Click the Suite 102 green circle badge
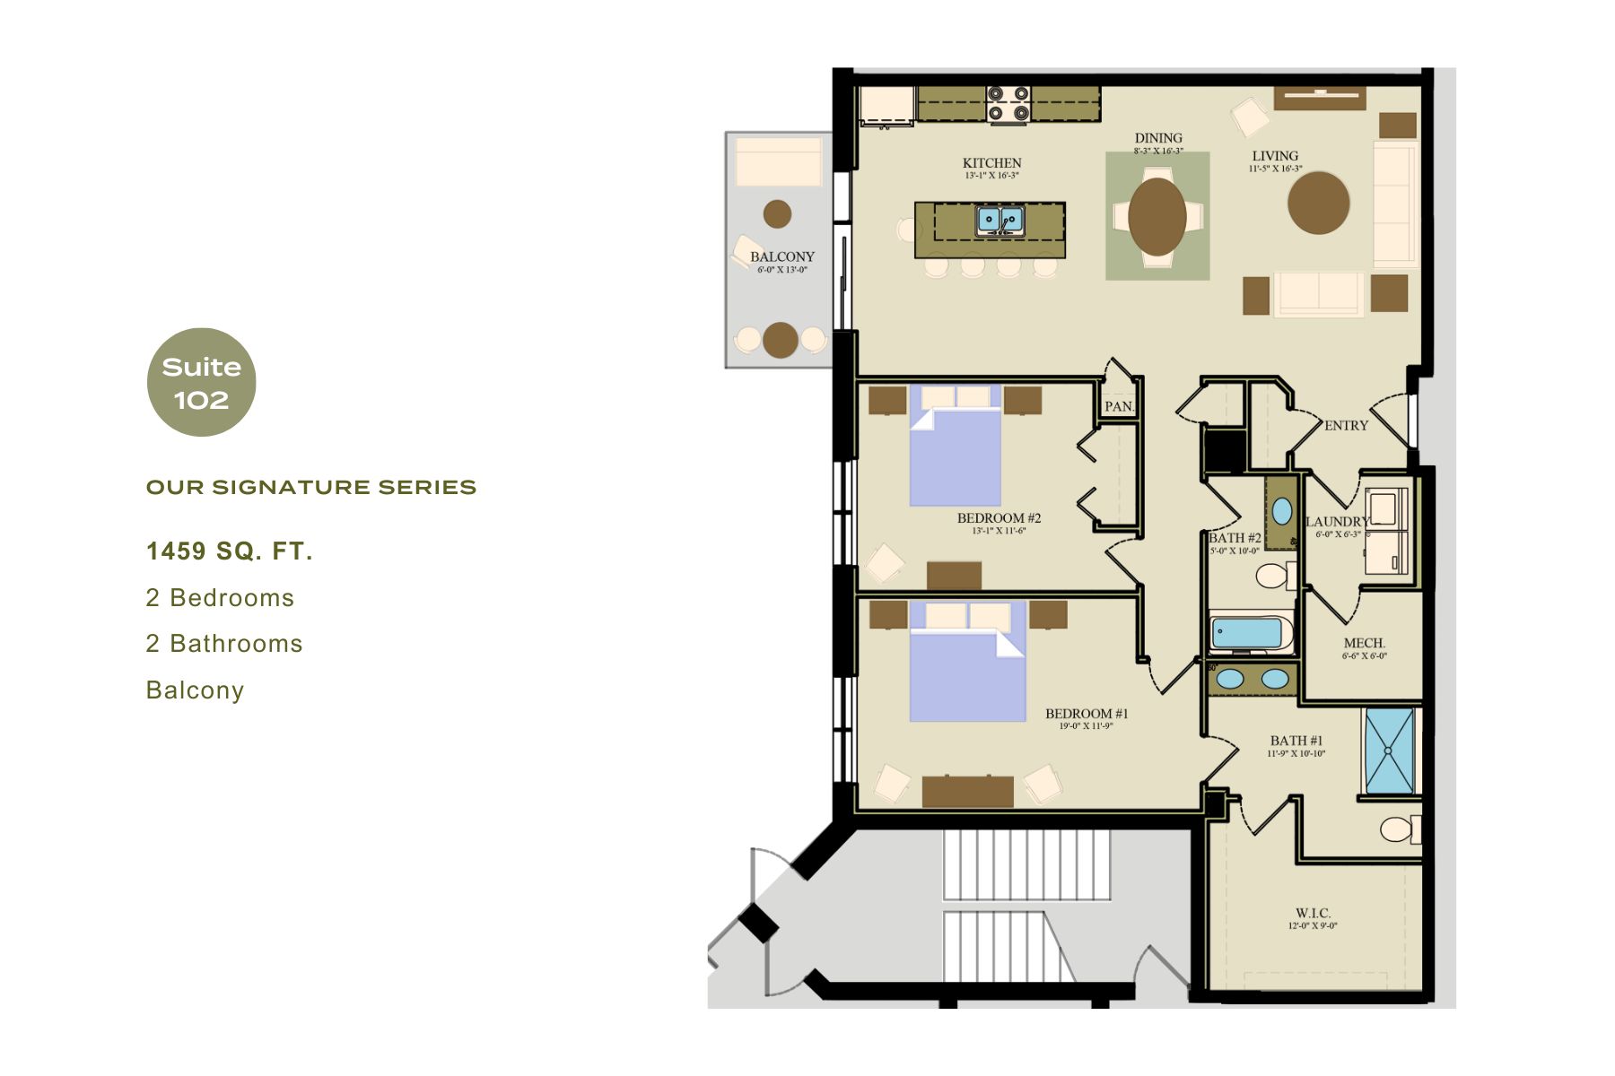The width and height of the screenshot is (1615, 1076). coord(201,383)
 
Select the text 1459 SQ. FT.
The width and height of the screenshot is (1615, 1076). coord(229,551)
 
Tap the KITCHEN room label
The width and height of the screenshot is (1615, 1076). coord(991,163)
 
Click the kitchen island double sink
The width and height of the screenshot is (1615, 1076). coord(1000,219)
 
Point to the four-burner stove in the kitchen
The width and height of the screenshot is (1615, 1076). coord(1008,105)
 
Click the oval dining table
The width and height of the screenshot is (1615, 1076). coord(1157,216)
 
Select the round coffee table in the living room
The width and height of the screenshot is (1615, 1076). coord(1317,203)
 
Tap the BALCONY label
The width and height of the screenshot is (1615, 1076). coord(781,256)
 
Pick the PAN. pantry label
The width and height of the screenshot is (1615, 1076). coord(1119,406)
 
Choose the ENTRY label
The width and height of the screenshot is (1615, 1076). coord(1346,426)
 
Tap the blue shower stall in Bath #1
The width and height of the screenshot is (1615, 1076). coord(1389,751)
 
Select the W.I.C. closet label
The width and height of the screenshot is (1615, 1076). coord(1312,913)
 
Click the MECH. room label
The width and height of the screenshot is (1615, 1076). coord(1364,643)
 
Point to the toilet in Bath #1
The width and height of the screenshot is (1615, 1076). coord(1398,829)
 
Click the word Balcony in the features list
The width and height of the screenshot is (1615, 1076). coord(195,690)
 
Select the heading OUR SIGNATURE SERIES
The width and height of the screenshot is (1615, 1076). coord(310,488)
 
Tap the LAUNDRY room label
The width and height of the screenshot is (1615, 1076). coord(1336,522)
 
